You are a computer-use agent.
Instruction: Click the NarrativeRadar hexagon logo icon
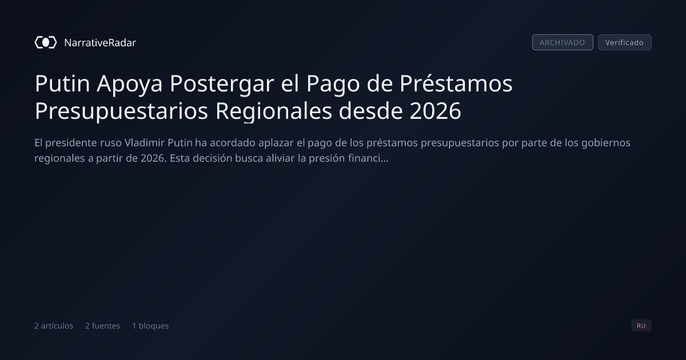[x=46, y=42]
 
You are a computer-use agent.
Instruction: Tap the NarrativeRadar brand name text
[x=100, y=42]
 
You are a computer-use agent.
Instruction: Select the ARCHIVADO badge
[x=563, y=42]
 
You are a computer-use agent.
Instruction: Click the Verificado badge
[x=625, y=42]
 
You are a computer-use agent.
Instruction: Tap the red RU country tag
[x=641, y=325]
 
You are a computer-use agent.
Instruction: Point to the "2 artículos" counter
[x=54, y=326]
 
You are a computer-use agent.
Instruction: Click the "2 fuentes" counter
[x=102, y=326]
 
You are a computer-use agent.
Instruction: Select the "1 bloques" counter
[x=150, y=326]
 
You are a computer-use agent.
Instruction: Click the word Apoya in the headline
[x=130, y=84]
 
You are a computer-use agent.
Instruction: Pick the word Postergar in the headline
[x=222, y=84]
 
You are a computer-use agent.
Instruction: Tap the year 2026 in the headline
[x=435, y=111]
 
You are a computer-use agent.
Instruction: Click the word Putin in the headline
[x=62, y=83]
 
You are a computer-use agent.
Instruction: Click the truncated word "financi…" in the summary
[x=368, y=158]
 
